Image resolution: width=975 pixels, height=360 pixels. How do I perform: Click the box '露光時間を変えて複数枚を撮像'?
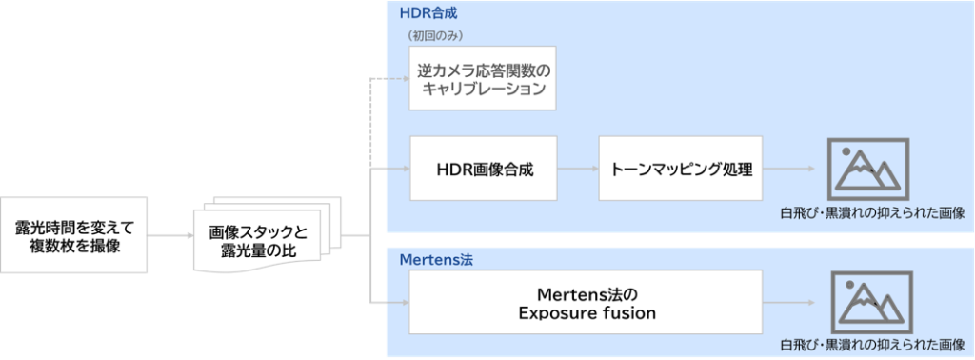click(x=74, y=235)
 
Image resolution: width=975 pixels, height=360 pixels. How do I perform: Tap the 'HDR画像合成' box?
click(x=483, y=169)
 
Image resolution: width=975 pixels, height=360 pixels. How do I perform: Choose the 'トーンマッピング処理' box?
click(x=681, y=169)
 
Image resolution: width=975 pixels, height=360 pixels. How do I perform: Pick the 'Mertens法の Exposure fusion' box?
click(x=586, y=302)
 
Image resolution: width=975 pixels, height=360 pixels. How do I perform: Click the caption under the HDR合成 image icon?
click(x=872, y=213)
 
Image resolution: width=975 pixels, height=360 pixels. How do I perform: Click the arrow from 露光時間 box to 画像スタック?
click(x=170, y=235)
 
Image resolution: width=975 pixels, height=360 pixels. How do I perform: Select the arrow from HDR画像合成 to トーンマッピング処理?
click(x=578, y=169)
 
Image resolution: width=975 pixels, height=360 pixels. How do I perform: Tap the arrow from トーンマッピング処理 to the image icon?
click(x=789, y=169)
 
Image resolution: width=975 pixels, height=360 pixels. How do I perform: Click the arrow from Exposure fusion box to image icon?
click(x=788, y=303)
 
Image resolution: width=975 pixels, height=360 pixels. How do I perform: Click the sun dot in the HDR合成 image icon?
click(x=846, y=151)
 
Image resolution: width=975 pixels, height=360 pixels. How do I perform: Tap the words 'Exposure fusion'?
click(x=587, y=312)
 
